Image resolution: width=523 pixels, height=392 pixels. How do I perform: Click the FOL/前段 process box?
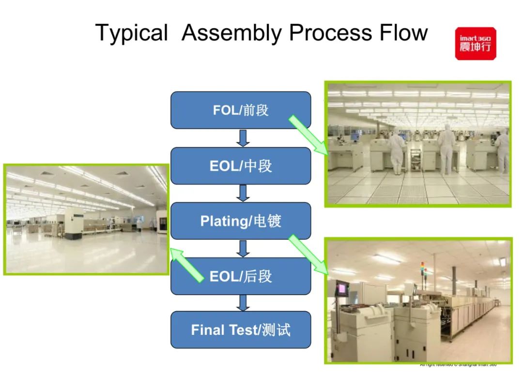click(x=241, y=110)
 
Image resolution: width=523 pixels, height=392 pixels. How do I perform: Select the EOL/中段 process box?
click(x=241, y=166)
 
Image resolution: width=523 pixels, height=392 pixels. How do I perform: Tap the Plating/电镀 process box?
click(x=241, y=221)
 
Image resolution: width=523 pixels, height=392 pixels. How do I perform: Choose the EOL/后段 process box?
click(x=241, y=276)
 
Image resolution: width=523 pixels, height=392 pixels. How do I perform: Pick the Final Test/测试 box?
click(x=241, y=330)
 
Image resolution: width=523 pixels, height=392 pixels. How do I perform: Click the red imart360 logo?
click(x=475, y=44)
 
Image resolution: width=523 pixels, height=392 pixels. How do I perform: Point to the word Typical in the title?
click(x=131, y=33)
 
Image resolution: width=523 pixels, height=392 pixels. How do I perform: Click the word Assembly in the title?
click(x=232, y=33)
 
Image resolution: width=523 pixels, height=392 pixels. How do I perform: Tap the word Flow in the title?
click(x=402, y=33)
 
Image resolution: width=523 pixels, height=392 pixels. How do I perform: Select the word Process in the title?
click(x=329, y=33)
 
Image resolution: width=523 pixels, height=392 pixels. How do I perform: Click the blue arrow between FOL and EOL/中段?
click(x=243, y=138)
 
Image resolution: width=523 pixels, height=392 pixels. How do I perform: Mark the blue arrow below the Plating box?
click(x=243, y=248)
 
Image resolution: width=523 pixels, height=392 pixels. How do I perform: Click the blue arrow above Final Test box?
click(x=243, y=303)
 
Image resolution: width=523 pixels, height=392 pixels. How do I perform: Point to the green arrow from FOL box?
click(x=308, y=135)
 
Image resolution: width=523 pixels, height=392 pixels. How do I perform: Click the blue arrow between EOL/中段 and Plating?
click(x=243, y=193)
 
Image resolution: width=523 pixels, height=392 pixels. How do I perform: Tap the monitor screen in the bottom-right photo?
click(x=342, y=289)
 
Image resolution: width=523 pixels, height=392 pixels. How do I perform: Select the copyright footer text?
click(x=458, y=364)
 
